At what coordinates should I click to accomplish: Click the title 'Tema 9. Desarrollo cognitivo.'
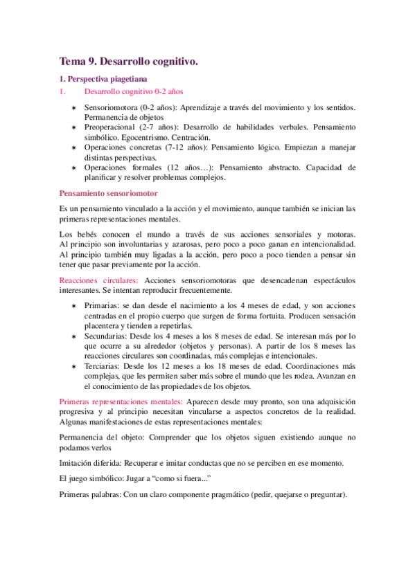tap(129, 62)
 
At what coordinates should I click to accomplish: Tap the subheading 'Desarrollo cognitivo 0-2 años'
tap(134, 91)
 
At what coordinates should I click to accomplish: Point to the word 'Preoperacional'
tap(109, 128)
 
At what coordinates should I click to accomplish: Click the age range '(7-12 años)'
tap(184, 147)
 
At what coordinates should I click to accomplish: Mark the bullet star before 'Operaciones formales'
tap(74, 168)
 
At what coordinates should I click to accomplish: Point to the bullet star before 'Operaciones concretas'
tap(74, 148)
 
